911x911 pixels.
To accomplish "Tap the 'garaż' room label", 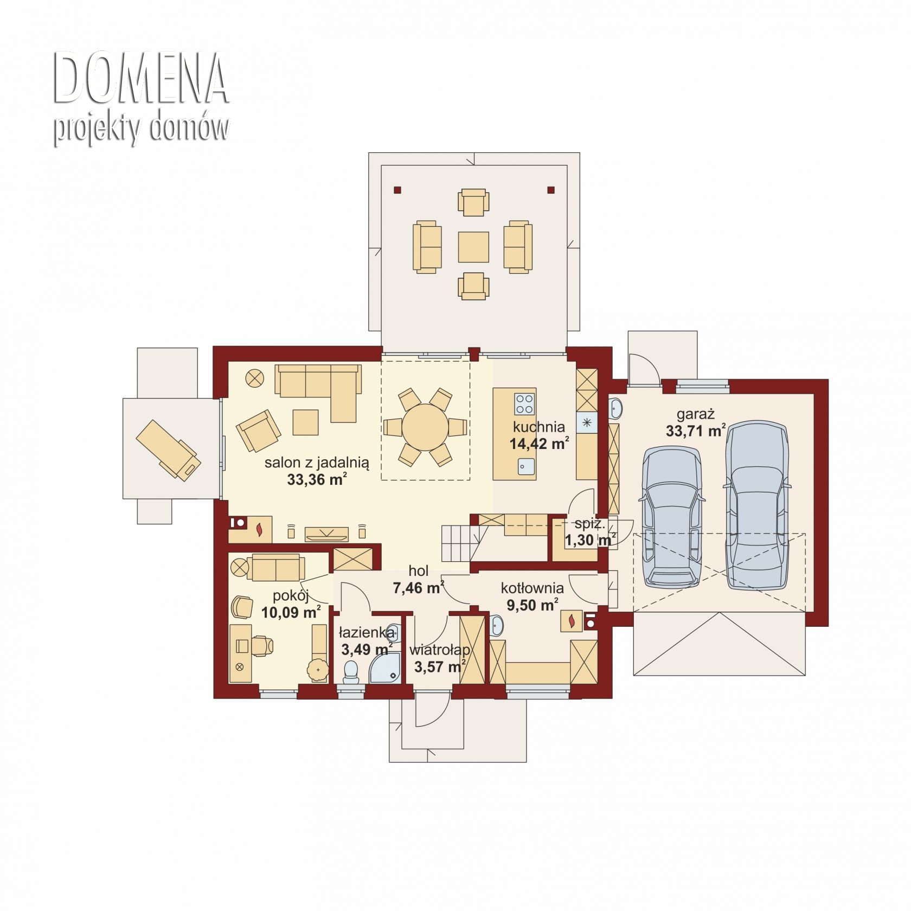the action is (695, 415).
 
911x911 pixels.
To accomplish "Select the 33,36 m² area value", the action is (317, 479).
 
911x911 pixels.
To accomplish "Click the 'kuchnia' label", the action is (539, 427).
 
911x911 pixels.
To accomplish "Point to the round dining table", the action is (425, 427).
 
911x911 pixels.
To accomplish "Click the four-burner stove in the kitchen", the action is (524, 404).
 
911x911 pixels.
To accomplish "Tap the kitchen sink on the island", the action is (526, 466).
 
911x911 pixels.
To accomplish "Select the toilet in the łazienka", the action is (351, 672).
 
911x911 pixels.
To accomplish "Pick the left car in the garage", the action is (671, 517).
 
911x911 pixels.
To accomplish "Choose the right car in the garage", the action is (756, 506).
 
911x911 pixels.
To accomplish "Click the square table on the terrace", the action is (473, 247).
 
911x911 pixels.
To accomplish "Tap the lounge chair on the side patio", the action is (168, 450).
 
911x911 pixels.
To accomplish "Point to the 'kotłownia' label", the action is (532, 588).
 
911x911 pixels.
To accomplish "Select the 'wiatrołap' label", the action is (440, 650).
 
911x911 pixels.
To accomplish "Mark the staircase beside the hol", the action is (461, 543).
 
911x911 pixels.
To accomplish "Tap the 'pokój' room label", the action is (291, 596).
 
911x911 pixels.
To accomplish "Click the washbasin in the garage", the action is (615, 408).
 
